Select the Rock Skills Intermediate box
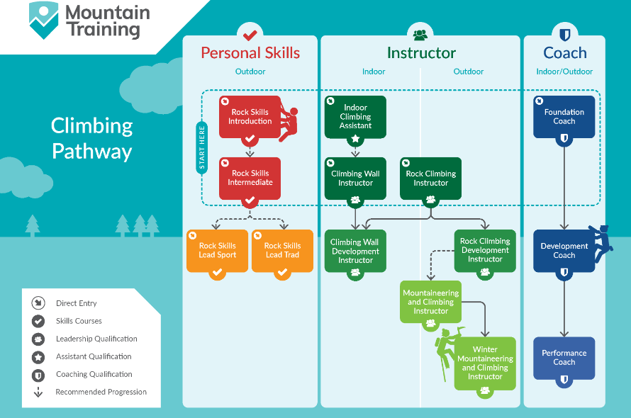250,178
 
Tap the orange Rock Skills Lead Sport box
217,250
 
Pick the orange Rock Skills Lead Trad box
282,250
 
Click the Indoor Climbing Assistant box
355,116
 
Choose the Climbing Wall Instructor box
355,178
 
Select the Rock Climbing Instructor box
430,178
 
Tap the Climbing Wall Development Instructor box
355,251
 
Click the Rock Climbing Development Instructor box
485,250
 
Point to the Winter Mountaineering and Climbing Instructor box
485,363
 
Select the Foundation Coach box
564,116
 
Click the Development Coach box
564,251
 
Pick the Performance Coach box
564,358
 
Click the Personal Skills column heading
250,53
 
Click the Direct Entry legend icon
38,303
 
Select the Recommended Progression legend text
101,392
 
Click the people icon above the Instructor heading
420,34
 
